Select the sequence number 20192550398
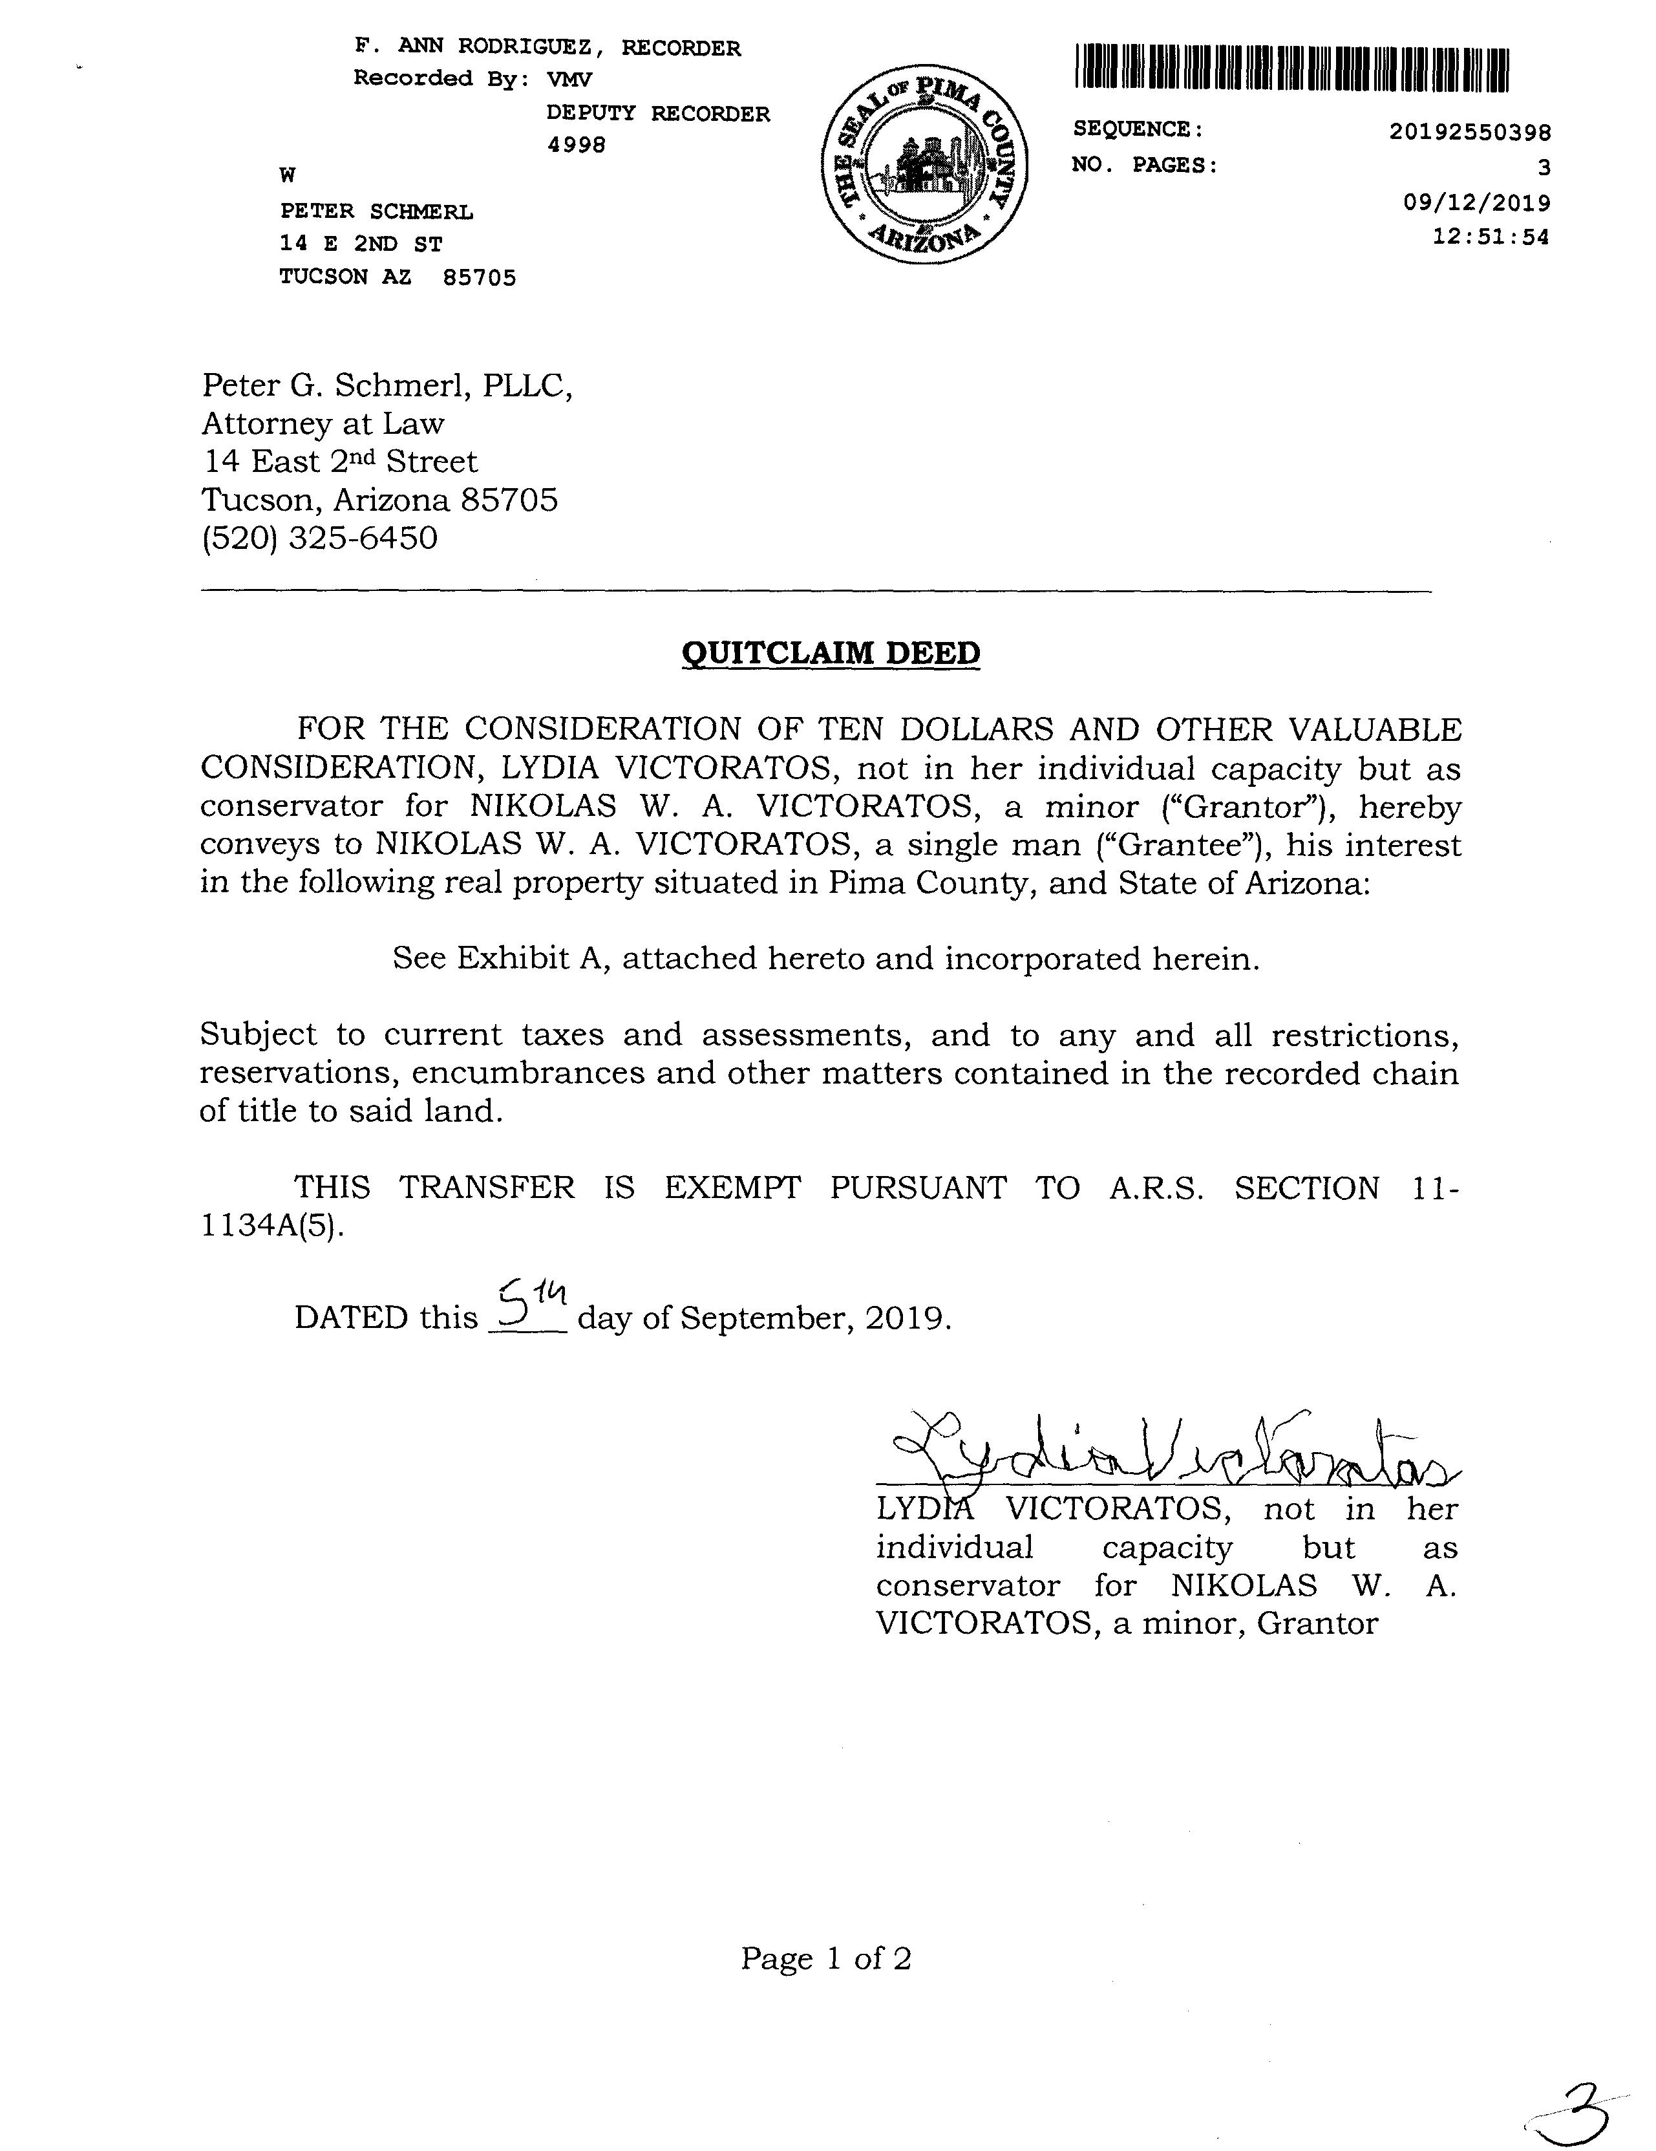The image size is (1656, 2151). tap(1470, 131)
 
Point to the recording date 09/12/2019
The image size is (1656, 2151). tap(1476, 203)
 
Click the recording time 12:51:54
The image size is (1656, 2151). tap(1490, 237)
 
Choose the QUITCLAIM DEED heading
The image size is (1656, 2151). tap(830, 653)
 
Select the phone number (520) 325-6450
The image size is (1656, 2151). tap(320, 538)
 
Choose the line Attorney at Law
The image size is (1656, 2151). tap(323, 423)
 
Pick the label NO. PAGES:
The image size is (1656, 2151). tap(1144, 166)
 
